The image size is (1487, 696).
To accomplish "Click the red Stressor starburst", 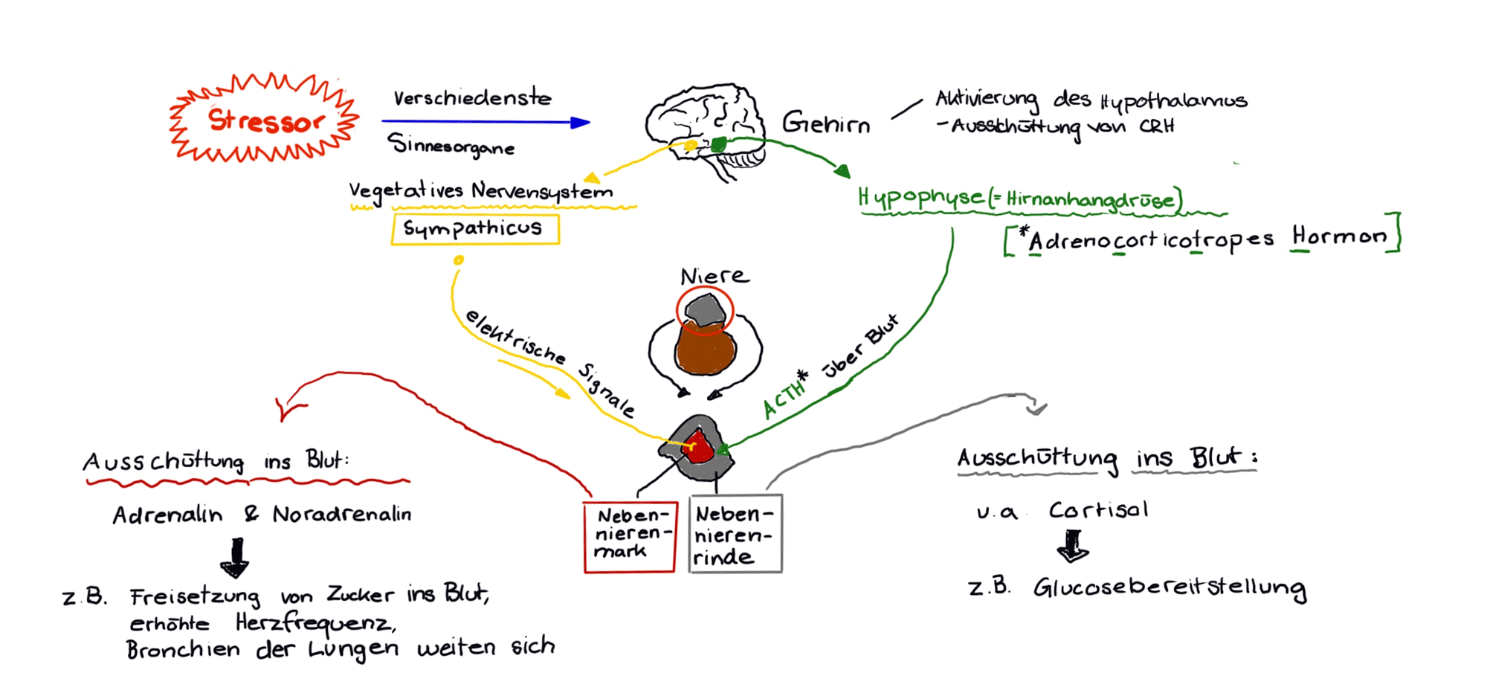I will (x=265, y=119).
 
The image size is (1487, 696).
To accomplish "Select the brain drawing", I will (x=703, y=126).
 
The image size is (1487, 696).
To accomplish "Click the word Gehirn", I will (x=826, y=123).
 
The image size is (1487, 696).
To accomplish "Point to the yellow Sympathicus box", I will (x=475, y=229).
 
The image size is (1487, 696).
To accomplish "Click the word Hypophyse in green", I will (x=920, y=198).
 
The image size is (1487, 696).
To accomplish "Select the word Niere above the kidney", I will (x=715, y=277).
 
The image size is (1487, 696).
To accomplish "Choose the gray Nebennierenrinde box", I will (x=735, y=534).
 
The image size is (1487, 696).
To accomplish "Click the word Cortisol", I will (x=1098, y=510).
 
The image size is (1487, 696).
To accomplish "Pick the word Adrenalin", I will (x=167, y=515).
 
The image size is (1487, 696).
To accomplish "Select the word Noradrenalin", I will (x=342, y=515).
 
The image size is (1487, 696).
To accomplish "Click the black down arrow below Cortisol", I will (x=1073, y=547).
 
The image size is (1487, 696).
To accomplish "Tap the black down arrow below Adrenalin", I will (x=236, y=558).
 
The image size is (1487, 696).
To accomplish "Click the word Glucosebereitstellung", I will (x=1169, y=588).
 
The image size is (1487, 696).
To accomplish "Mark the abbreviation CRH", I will (x=1157, y=126).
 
